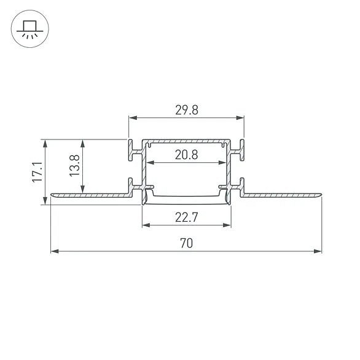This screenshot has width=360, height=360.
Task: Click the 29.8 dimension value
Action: point(187,110)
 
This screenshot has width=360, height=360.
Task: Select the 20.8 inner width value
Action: point(186,155)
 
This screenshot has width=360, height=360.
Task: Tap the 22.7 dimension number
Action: point(186,217)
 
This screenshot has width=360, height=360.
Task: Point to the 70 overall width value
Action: point(186,243)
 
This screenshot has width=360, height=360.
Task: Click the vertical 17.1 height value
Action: point(37,172)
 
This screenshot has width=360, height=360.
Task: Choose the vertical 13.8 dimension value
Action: point(74,165)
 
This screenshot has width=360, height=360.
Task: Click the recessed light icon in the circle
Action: point(30,29)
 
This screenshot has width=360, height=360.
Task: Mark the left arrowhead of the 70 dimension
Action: point(55,251)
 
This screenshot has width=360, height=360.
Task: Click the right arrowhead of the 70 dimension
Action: point(318,251)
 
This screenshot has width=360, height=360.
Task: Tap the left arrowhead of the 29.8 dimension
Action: point(133,118)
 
